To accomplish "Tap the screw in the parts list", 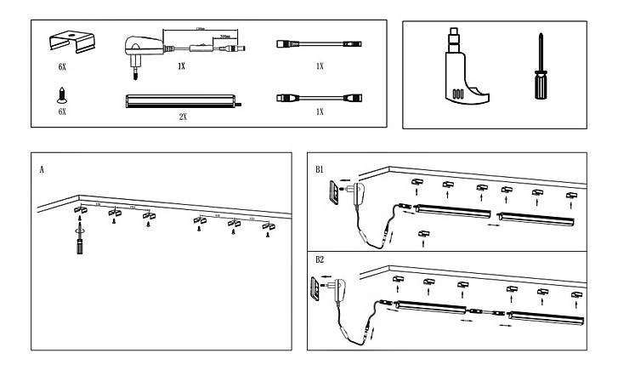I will click(x=61, y=94).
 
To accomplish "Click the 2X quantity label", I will click(x=183, y=117).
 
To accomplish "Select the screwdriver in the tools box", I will click(x=538, y=67).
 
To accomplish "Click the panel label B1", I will click(x=320, y=170).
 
